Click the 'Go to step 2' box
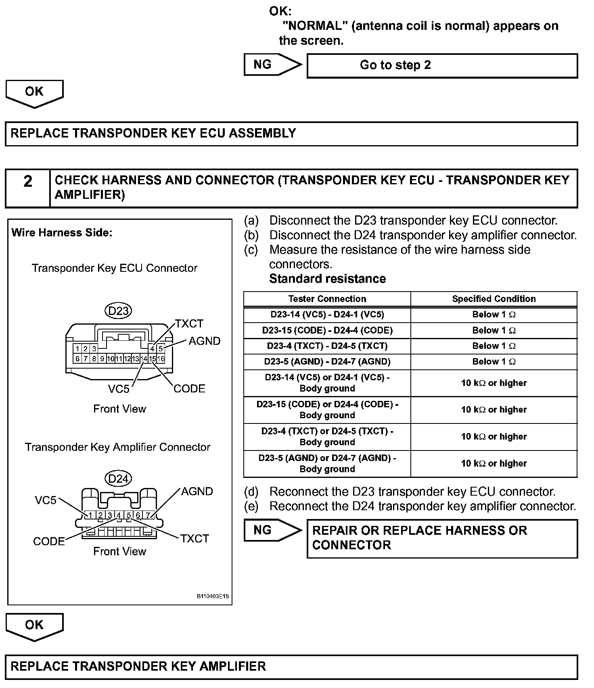point(442,65)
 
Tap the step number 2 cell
point(27,188)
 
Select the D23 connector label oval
point(118,311)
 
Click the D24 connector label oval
point(118,478)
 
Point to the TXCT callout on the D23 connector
point(189,324)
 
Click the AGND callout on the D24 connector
point(197,491)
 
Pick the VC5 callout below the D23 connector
point(119,389)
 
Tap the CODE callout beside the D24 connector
point(49,541)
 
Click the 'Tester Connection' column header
point(327,299)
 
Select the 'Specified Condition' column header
point(494,299)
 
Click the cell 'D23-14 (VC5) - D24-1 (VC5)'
point(327,315)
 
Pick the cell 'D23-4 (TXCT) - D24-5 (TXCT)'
point(327,346)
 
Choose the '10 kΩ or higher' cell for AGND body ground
point(494,463)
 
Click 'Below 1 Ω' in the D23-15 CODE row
point(494,330)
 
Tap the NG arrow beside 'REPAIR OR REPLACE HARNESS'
point(272,530)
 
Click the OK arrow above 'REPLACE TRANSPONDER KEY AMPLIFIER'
point(34,626)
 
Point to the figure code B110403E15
point(213,596)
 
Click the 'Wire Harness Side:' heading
point(62,233)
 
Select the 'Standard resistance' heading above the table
point(327,279)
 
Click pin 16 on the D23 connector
point(161,359)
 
